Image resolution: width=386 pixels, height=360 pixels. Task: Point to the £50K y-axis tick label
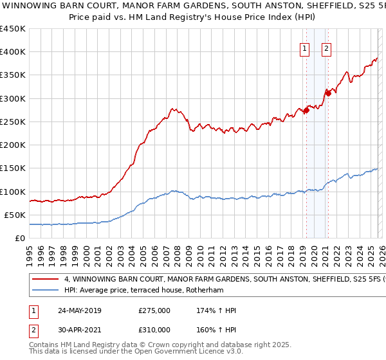14,215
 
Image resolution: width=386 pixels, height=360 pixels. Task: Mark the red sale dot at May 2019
306,110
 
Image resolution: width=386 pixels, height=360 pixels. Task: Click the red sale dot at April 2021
328,93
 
